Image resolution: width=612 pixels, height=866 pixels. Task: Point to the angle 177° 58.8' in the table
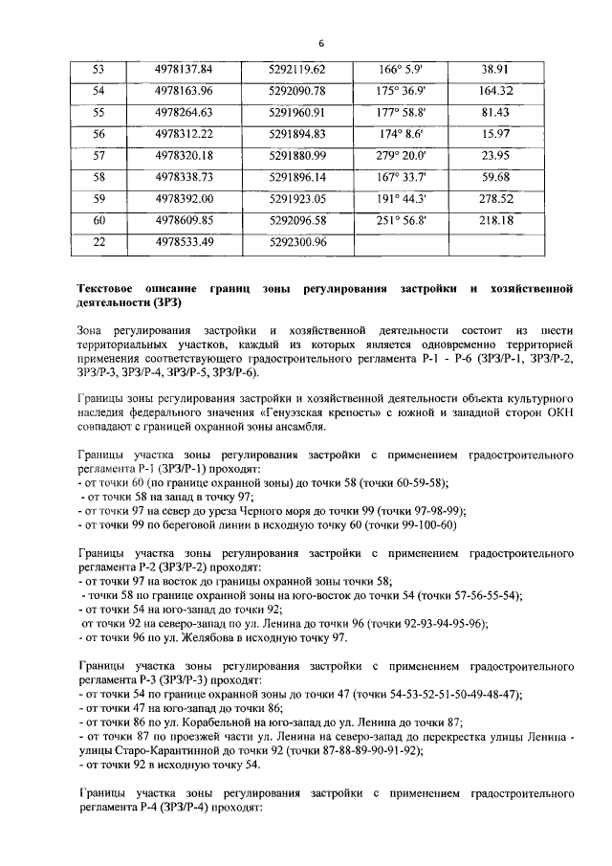pyautogui.click(x=402, y=112)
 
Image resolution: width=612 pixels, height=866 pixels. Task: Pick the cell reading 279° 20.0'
pyautogui.click(x=401, y=155)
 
